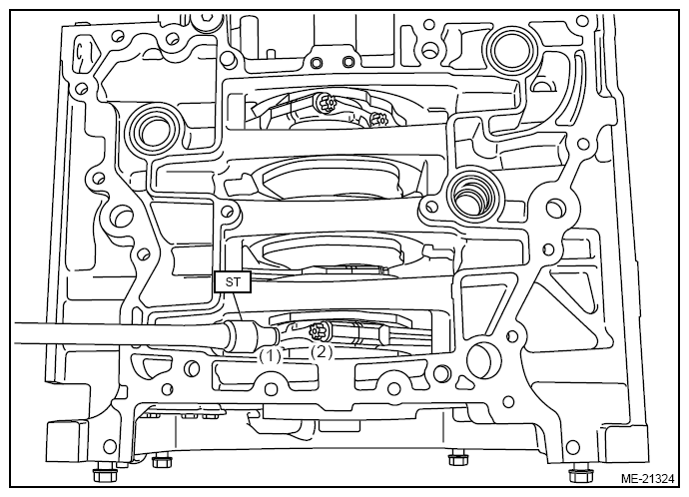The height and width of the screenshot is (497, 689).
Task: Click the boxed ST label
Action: click(x=233, y=281)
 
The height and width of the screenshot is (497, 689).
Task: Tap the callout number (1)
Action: click(x=270, y=355)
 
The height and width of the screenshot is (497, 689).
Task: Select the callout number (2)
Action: click(x=322, y=352)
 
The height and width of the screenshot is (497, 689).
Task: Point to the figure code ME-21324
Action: click(x=647, y=479)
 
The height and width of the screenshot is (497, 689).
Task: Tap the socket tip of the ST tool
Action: click(x=269, y=336)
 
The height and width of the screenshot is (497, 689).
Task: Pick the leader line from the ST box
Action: click(x=238, y=306)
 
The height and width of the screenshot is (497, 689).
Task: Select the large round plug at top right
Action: click(x=512, y=50)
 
